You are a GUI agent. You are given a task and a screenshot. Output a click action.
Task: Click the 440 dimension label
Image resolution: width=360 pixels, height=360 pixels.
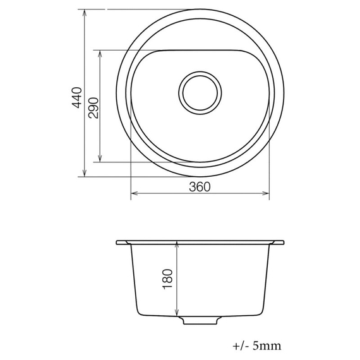pos(77,99)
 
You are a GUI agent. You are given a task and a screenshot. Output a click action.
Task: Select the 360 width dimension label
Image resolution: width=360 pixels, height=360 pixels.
pos(199,186)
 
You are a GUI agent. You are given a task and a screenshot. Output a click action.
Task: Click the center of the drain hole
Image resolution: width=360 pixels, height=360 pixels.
pos(200,92)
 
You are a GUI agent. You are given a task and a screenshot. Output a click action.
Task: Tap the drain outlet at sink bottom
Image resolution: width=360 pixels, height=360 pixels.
pos(201,320)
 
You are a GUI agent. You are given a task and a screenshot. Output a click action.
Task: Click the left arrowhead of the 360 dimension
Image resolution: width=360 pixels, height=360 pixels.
pos(133,193)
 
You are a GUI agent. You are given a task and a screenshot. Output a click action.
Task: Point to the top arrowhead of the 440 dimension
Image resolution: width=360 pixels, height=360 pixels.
pos(85,13)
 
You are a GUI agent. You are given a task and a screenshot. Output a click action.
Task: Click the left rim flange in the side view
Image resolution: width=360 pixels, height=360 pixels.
pos(123,243)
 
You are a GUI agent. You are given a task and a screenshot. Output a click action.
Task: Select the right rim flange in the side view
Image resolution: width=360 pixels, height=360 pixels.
pos(278,243)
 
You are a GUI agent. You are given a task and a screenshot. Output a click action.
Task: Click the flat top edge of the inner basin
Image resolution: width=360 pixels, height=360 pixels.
pos(200,49)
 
